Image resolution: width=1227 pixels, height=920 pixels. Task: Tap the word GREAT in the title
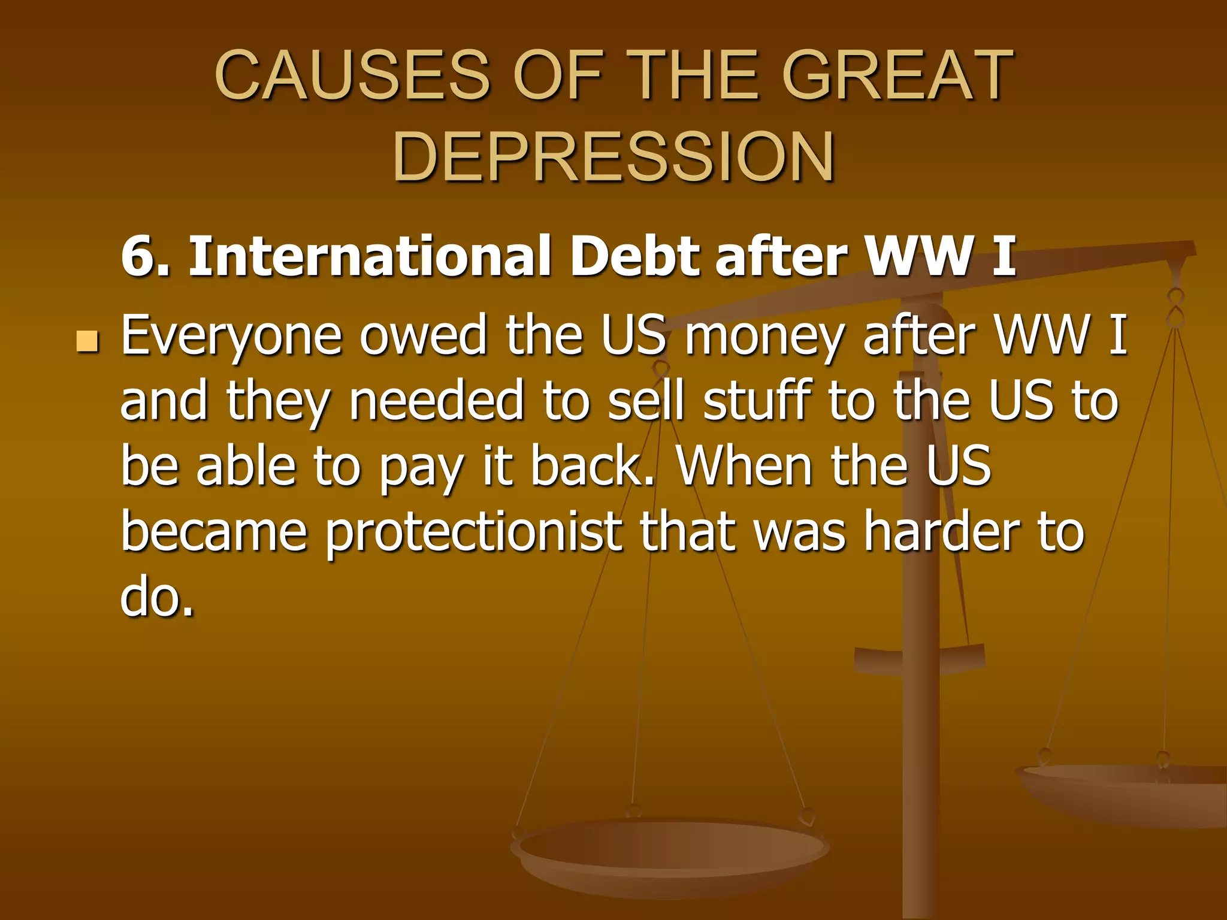[897, 76]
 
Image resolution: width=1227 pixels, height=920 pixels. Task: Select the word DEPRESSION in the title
[613, 156]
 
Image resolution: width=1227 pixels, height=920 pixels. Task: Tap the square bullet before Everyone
[87, 341]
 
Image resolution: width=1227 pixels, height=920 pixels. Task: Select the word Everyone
[231, 337]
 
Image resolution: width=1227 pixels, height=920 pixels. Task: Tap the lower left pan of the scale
[670, 851]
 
